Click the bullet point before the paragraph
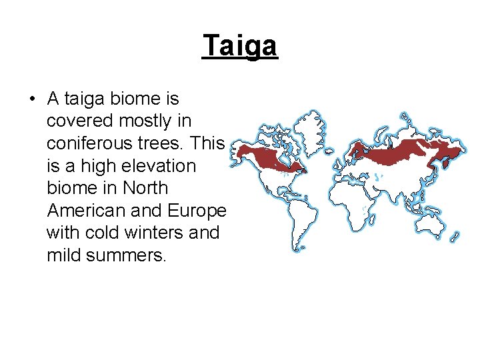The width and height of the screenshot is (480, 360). click(x=31, y=100)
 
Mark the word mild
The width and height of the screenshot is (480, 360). click(x=65, y=255)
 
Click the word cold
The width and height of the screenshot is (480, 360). click(x=102, y=233)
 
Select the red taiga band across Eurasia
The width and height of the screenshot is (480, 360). click(x=407, y=152)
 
